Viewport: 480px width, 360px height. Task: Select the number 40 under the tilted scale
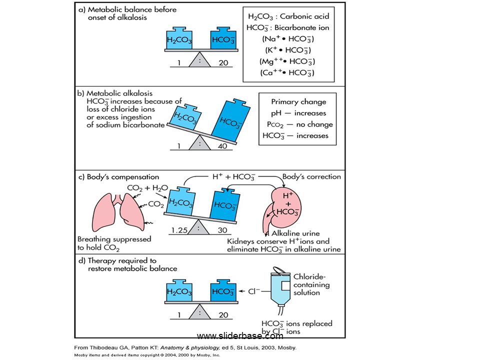click(224, 146)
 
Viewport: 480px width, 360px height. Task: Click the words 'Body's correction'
click(311, 176)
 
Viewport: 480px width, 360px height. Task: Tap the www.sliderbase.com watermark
click(240, 335)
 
